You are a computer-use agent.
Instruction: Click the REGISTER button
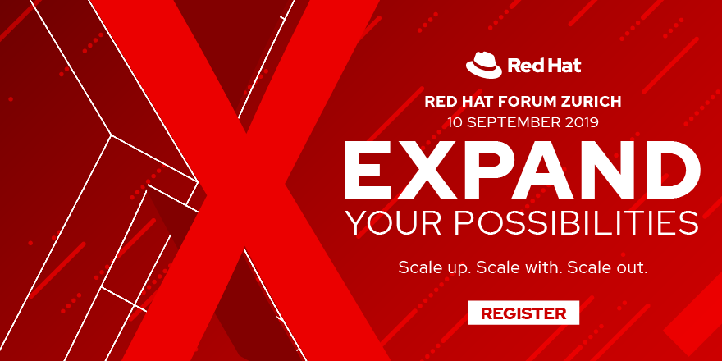coord(523,313)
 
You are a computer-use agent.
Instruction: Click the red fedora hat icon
coord(482,64)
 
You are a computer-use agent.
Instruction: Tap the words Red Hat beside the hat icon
coord(544,65)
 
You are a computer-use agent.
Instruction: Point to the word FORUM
coord(516,103)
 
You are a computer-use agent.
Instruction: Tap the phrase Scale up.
coord(434,267)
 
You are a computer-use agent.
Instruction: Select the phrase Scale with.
coord(518,267)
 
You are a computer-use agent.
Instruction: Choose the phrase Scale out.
coord(606,267)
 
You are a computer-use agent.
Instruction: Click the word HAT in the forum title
coord(473,103)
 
